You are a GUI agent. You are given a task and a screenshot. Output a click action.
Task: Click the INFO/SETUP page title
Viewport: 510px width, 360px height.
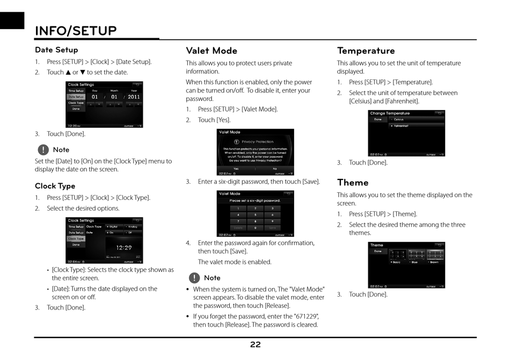point(76,31)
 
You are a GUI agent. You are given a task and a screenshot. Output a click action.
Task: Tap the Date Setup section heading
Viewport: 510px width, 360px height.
point(56,50)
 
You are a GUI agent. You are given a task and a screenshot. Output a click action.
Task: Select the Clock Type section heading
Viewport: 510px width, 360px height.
point(55,186)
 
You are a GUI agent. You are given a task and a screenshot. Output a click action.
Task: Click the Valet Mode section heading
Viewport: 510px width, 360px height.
point(212,51)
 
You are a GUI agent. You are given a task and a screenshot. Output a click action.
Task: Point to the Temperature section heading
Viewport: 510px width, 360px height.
point(366,51)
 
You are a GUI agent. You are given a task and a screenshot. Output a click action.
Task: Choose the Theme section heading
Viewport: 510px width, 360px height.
point(353,182)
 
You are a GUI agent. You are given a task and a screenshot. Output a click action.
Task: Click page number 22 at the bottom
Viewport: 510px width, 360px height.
point(256,344)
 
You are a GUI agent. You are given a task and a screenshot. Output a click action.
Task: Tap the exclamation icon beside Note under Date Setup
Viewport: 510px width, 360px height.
point(43,149)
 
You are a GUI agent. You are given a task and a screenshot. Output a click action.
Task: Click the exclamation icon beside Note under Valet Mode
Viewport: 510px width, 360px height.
point(194,278)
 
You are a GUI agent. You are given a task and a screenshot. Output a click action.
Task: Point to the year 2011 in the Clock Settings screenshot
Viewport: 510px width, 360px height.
point(134,97)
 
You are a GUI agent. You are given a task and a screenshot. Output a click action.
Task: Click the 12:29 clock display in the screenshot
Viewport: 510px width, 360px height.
point(124,248)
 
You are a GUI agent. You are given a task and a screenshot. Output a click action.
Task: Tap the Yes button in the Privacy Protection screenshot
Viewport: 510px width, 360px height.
point(236,169)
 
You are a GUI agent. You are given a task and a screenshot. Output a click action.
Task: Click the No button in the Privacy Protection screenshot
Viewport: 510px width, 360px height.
point(275,169)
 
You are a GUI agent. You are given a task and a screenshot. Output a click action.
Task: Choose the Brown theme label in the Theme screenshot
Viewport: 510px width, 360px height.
point(434,262)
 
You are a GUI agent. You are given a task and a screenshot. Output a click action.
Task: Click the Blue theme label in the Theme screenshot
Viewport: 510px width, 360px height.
point(414,262)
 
